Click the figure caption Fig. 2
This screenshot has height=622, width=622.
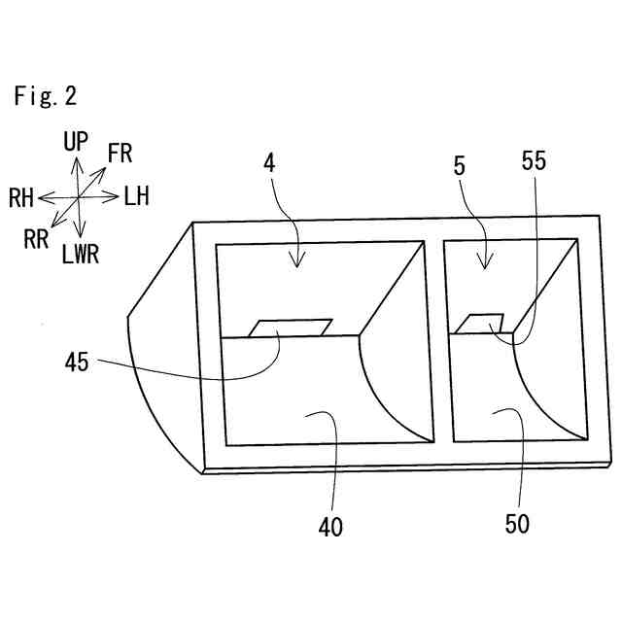click(45, 96)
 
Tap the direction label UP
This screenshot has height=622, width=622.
click(76, 143)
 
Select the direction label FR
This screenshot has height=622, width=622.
click(121, 153)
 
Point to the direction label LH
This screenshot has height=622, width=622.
click(136, 197)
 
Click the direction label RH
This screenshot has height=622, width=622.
click(21, 199)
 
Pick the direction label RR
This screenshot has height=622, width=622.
click(37, 239)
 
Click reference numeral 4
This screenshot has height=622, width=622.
click(269, 163)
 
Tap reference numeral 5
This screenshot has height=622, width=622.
click(459, 165)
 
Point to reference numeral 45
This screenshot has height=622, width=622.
click(77, 363)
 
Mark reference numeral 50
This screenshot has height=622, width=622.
click(517, 524)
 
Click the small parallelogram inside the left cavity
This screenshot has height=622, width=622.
click(291, 328)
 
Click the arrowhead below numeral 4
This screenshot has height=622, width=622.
click(298, 261)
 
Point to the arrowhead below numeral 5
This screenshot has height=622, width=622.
click(483, 263)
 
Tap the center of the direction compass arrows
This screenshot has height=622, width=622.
click(78, 197)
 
